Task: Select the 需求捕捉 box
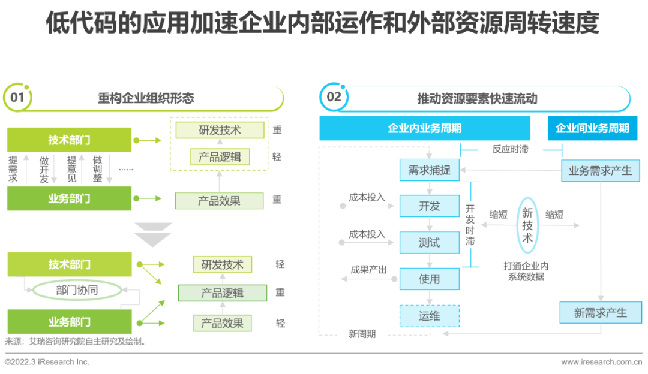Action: [x=430, y=170]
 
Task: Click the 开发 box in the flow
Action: [x=430, y=206]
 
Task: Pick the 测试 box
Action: [x=430, y=242]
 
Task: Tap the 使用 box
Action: [x=430, y=279]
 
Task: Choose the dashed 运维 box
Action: [x=430, y=316]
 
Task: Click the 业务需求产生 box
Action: [x=601, y=170]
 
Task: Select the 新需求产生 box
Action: [x=601, y=312]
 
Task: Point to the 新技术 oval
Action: [x=527, y=225]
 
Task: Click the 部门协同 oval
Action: [x=77, y=290]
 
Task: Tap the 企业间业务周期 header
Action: [x=592, y=128]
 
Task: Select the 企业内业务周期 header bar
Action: [x=424, y=128]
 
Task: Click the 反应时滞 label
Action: [x=511, y=149]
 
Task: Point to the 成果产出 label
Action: [x=368, y=270]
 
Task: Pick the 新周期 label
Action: [x=362, y=334]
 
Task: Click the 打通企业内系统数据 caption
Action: [x=526, y=272]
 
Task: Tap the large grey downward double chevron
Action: [x=153, y=235]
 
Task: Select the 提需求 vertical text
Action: [x=13, y=169]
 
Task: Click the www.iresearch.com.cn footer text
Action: [x=601, y=362]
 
